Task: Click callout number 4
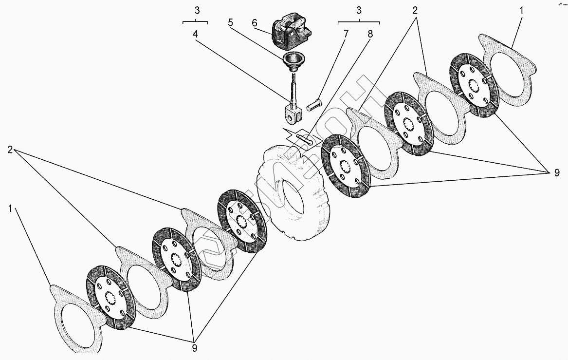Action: [x=195, y=34]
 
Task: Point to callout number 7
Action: [x=347, y=34]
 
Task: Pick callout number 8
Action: [x=370, y=34]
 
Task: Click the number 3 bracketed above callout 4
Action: [x=195, y=10]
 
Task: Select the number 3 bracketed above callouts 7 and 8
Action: [x=359, y=10]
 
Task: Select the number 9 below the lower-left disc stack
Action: [x=195, y=348]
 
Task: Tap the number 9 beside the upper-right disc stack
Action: [x=557, y=172]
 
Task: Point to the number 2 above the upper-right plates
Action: [x=415, y=10]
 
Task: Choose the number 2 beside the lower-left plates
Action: [x=10, y=150]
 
